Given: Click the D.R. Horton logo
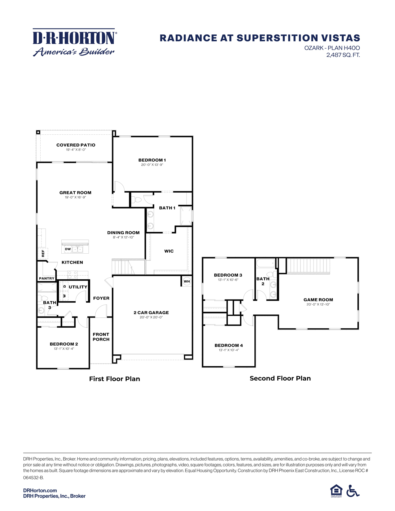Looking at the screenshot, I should coord(74,42).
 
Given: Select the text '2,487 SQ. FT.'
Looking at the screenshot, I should coord(343,55).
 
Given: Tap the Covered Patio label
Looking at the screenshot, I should coord(76,145).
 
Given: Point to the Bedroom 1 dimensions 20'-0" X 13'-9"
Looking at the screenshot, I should coord(152,165).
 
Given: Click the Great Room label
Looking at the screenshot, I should coord(75,193).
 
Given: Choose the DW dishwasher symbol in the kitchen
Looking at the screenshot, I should coord(68,249).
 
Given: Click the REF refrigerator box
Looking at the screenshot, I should coord(43,254).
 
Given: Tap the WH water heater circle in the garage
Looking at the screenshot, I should coord(187,282).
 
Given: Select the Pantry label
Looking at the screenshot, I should coord(46,278).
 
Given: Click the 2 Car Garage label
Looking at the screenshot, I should coord(151,312).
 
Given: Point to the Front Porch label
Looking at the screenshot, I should coord(101,337).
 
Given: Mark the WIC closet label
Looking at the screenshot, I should coord(169,251).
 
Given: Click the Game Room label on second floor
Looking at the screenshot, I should coord(318,299).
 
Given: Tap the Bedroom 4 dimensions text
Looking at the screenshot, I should coord(229,350).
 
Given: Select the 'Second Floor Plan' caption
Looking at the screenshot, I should coord(280,378).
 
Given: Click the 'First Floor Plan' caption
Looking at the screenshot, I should coord(114,379).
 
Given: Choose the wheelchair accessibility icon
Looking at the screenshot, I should coord(353,491).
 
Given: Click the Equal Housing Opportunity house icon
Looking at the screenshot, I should coord(336,491).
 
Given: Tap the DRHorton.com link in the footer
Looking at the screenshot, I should coord(40,490).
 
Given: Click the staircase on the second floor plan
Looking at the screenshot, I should coord(309,266).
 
